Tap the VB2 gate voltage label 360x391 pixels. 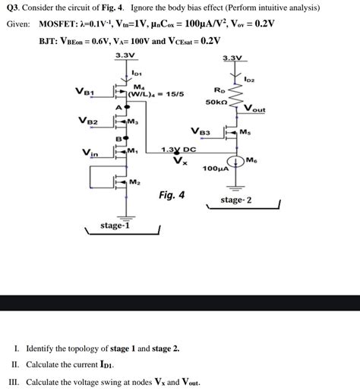coord(87,121)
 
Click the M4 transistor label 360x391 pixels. coord(138,86)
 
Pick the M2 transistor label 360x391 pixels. coord(134,182)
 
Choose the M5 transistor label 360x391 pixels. coord(244,132)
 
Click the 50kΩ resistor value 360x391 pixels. coord(216,101)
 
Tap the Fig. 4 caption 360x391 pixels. coord(172,195)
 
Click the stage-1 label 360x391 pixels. coord(115,225)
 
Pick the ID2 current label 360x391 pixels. coord(250,78)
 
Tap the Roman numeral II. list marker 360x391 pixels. coord(14,365)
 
